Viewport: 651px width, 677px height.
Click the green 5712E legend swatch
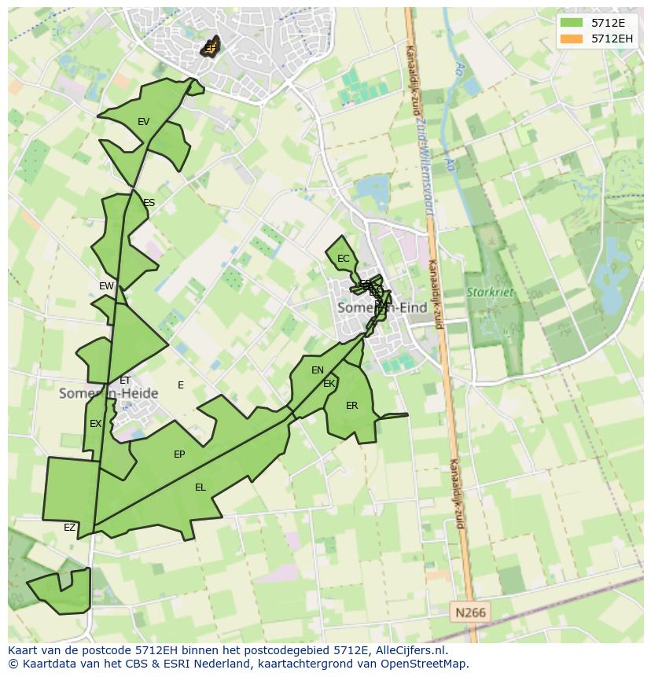click(x=572, y=23)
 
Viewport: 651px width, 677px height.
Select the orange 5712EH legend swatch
click(x=572, y=39)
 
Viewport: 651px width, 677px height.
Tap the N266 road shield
click(x=469, y=612)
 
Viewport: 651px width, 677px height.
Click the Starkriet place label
click(x=490, y=293)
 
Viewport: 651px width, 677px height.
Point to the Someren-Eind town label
click(x=382, y=308)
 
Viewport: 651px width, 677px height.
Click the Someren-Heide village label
click(x=108, y=393)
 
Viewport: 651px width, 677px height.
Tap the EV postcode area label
click(x=143, y=122)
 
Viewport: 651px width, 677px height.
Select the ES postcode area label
click(x=149, y=203)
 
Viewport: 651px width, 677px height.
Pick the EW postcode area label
click(x=106, y=286)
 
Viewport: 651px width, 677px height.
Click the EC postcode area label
click(x=343, y=259)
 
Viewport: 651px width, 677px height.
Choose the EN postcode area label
click(x=318, y=370)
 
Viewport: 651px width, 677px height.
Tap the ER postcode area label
click(x=351, y=406)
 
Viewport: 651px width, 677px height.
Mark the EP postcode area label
click(x=179, y=454)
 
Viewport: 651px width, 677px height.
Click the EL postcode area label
click(x=200, y=488)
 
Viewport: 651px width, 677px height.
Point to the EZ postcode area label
click(x=69, y=528)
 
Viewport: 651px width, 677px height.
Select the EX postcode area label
click(x=95, y=424)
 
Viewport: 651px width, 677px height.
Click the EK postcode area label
click(x=329, y=384)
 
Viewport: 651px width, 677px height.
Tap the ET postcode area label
click(x=125, y=381)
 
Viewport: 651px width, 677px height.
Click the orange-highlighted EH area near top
click(x=210, y=48)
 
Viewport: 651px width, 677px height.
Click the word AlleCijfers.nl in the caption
click(x=409, y=650)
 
